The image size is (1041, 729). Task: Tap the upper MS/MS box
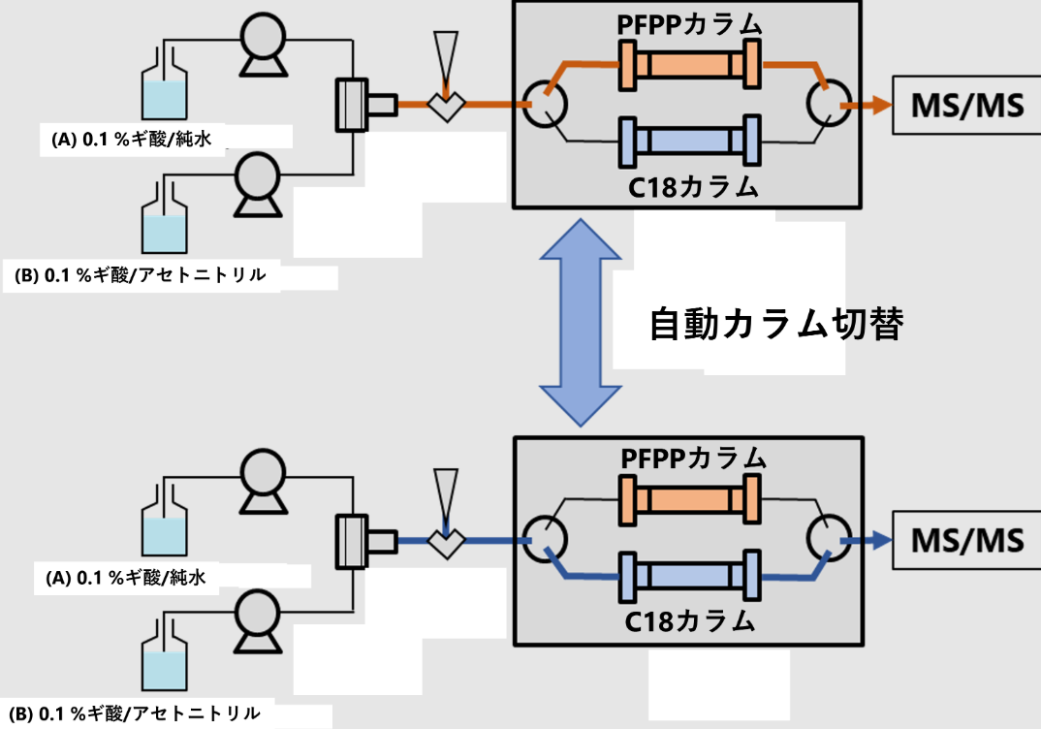tap(966, 105)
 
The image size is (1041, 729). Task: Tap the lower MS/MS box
tap(966, 540)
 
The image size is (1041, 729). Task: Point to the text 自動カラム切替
tap(775, 326)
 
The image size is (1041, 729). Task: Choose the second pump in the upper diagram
tap(258, 183)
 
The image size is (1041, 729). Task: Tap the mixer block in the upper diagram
tap(350, 104)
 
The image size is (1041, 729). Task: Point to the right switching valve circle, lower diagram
tap(826, 540)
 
